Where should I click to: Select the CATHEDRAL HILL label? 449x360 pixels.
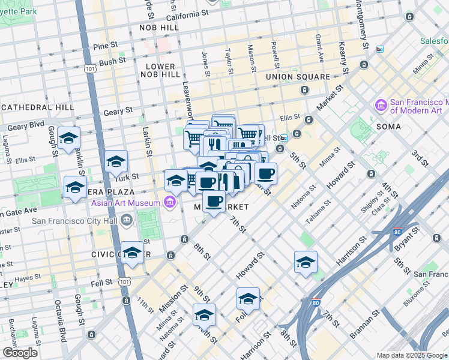37,107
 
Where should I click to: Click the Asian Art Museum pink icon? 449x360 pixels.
170,203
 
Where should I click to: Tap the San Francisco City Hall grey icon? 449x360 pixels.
127,220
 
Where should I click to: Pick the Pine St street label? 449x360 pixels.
104,45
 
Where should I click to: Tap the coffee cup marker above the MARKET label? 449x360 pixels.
214,201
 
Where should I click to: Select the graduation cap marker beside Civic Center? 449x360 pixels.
132,252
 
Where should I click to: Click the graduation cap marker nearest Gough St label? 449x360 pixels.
69,138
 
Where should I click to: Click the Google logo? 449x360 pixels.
20,352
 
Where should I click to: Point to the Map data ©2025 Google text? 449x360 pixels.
412,355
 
